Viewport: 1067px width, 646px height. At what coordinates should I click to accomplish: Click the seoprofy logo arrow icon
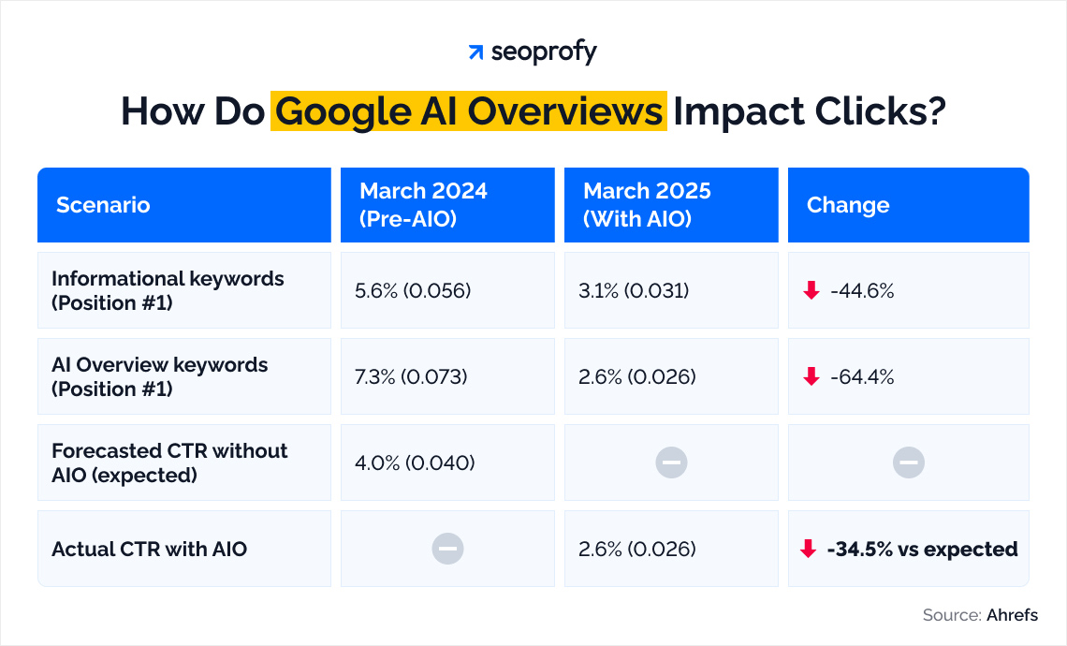[x=475, y=52]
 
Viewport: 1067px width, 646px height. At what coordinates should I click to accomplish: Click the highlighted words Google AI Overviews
[x=469, y=111]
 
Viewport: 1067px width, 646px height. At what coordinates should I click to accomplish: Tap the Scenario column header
[x=103, y=205]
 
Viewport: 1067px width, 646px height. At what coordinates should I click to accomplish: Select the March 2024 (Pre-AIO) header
[x=423, y=204]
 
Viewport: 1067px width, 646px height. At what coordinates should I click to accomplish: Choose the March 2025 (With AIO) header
[x=647, y=204]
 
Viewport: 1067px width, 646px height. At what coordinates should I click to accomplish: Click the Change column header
[x=848, y=205]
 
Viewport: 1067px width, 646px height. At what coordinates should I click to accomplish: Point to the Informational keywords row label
[x=168, y=290]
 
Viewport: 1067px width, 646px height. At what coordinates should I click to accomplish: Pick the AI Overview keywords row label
[x=159, y=376]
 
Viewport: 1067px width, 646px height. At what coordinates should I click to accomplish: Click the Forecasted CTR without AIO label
[x=169, y=462]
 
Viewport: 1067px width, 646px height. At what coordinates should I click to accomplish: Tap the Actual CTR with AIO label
[x=149, y=549]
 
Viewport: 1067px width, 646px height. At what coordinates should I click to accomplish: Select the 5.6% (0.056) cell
[x=413, y=291]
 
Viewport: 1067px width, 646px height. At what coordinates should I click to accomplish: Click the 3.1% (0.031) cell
[x=634, y=291]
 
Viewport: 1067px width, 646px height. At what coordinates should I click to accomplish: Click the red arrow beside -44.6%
[x=811, y=291]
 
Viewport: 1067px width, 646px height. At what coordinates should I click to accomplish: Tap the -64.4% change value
[x=861, y=377]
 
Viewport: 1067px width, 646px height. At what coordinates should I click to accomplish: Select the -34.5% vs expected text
[x=922, y=550]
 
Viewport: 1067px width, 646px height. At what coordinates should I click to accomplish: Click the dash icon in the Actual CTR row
[x=447, y=549]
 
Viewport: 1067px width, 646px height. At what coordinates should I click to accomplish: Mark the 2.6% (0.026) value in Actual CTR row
[x=637, y=550]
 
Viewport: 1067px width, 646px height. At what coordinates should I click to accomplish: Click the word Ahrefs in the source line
[x=1012, y=615]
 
